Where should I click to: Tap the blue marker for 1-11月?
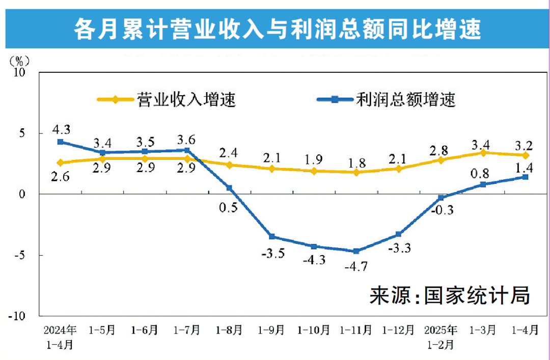[356, 251]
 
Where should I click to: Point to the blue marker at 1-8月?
[229, 188]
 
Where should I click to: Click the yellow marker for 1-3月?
[483, 153]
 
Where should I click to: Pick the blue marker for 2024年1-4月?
[60, 142]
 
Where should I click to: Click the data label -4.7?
[356, 266]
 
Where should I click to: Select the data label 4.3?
[60, 127]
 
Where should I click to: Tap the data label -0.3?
[441, 210]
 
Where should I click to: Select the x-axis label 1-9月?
[271, 329]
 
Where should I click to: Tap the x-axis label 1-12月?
[398, 329]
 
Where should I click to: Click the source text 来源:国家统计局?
[450, 295]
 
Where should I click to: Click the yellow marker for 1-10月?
[314, 171]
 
